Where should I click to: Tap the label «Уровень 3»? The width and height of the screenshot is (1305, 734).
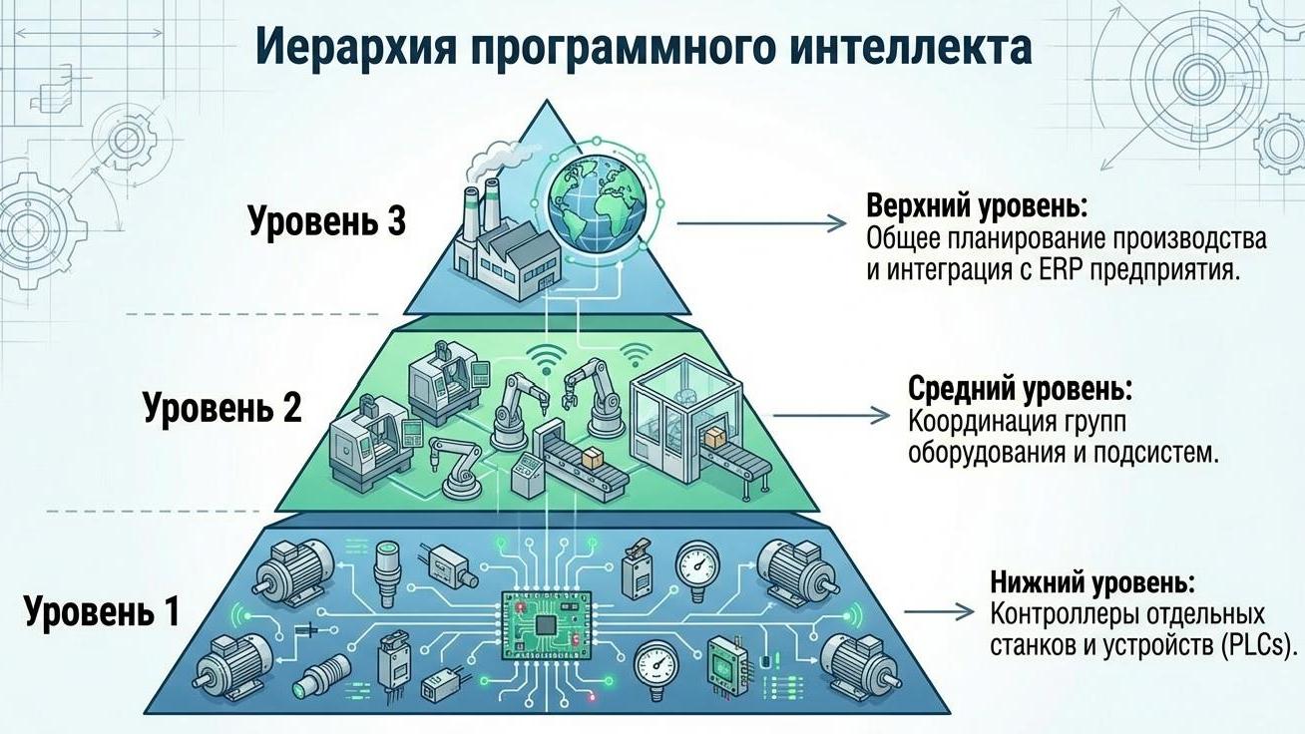(x=327, y=221)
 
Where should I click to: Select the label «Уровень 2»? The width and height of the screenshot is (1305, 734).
(x=221, y=408)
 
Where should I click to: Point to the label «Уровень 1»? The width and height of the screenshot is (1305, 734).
(x=102, y=610)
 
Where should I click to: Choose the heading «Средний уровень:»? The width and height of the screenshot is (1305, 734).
(x=1021, y=389)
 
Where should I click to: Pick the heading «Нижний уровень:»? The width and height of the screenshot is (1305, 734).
(x=1091, y=581)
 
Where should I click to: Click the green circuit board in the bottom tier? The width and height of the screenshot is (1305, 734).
(x=542, y=624)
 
